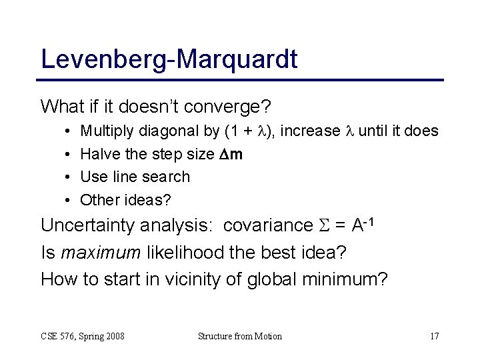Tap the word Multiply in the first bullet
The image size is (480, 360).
105,131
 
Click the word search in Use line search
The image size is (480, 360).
169,177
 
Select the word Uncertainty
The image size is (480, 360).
89,225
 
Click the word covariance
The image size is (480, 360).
267,225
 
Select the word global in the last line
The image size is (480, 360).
270,279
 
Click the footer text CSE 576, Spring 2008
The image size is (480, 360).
82,336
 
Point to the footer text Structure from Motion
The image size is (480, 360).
240,336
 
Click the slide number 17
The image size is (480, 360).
434,336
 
